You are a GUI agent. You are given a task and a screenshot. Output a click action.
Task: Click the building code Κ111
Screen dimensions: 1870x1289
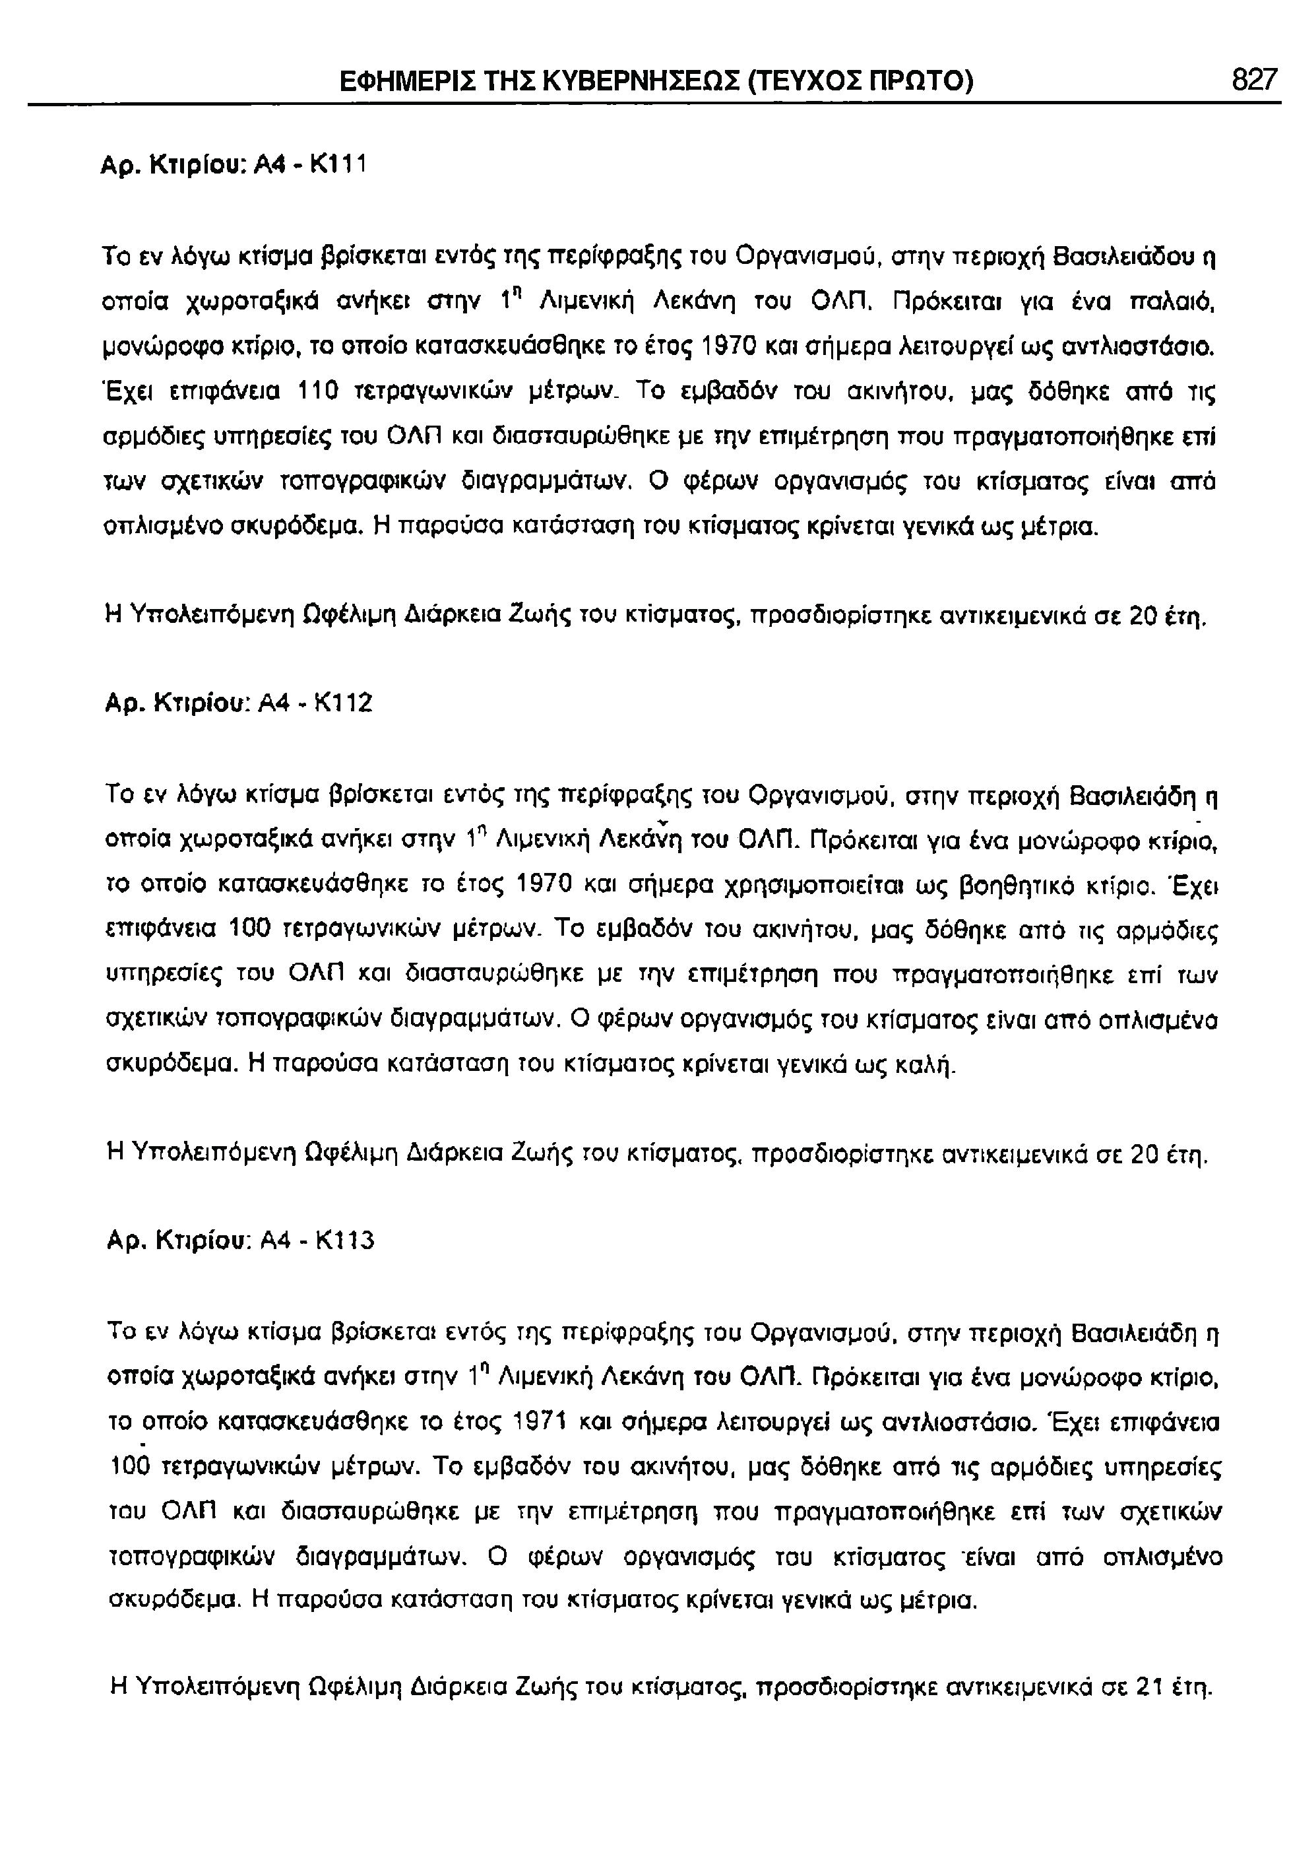[339, 165]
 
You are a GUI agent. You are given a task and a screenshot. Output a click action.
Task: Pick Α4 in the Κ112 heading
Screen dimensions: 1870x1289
[272, 703]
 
